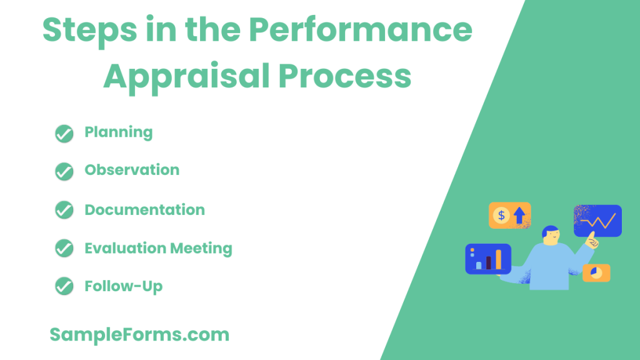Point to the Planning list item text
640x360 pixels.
pos(119,132)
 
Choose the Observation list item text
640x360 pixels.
pos(132,170)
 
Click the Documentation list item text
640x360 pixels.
pos(144,210)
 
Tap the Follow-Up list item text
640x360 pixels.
pos(124,286)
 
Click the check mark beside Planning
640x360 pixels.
pos(64,133)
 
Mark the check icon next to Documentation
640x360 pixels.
pos(64,210)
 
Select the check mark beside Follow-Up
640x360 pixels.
pos(64,286)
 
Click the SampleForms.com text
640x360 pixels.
pos(139,334)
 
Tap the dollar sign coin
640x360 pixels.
pos(501,216)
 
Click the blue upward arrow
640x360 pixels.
pos(519,216)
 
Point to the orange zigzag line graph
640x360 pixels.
pos(598,221)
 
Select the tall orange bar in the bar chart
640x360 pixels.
pos(498,259)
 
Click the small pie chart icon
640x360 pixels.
pos(596,272)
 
